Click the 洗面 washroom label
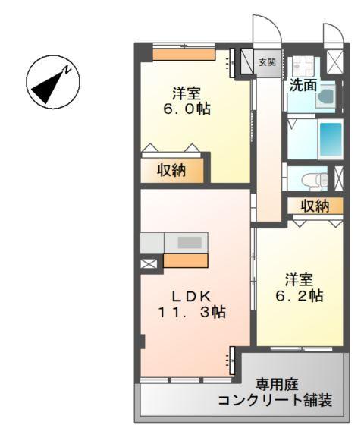coord(302,85)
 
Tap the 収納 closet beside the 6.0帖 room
coord(172,171)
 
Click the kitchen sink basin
coord(190,243)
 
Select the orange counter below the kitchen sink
coord(186,261)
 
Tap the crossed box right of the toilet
coord(338,178)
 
